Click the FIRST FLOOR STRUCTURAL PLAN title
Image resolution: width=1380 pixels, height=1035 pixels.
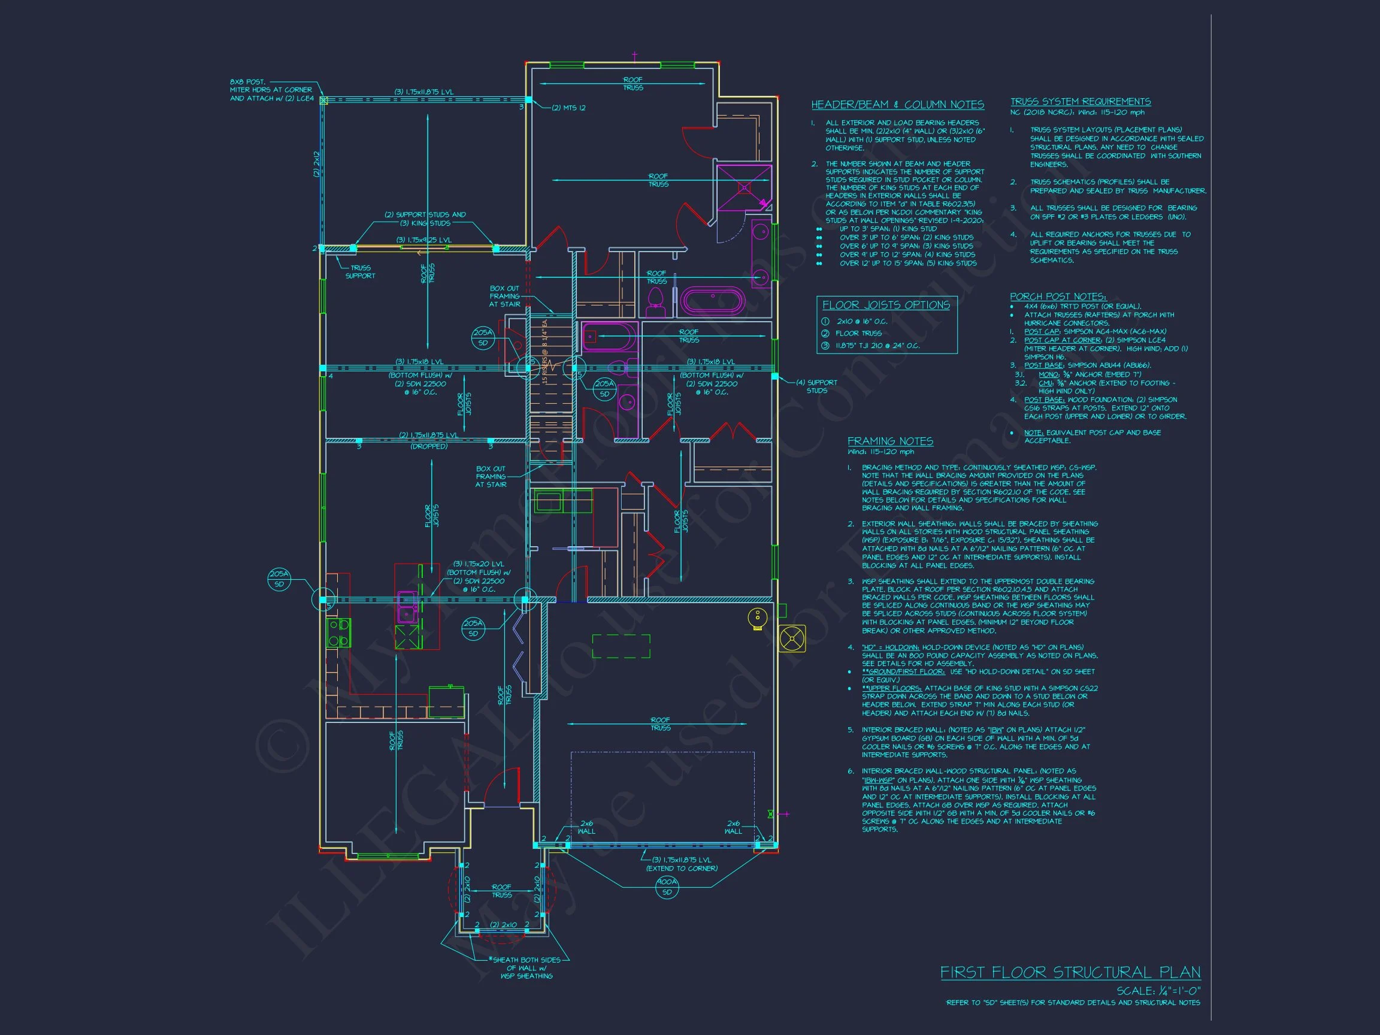tap(1070, 973)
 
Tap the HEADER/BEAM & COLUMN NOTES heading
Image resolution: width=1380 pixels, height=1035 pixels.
tap(897, 105)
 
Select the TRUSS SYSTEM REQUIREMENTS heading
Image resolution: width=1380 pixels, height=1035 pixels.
tap(1081, 102)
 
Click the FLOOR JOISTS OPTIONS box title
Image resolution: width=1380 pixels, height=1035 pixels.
tap(886, 305)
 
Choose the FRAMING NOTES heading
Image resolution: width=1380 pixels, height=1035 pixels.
tap(890, 441)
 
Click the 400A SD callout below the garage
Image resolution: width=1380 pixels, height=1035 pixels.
tap(667, 886)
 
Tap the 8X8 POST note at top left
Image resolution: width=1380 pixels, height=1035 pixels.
tap(271, 90)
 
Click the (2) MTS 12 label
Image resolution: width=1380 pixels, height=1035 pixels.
tap(568, 108)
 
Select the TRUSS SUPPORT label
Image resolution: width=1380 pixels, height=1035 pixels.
tap(360, 272)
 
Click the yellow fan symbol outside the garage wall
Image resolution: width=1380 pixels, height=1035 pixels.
tap(792, 639)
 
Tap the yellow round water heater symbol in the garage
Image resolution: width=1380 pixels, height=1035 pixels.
tap(756, 618)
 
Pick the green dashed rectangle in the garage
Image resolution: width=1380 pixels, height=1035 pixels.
tap(621, 646)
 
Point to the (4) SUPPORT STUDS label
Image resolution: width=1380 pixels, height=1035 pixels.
tap(816, 387)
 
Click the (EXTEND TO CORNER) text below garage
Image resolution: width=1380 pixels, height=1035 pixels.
tap(681, 868)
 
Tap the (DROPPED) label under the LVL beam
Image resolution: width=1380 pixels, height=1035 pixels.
tap(429, 447)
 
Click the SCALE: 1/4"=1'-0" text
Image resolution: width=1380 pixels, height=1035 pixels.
tap(1158, 991)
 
